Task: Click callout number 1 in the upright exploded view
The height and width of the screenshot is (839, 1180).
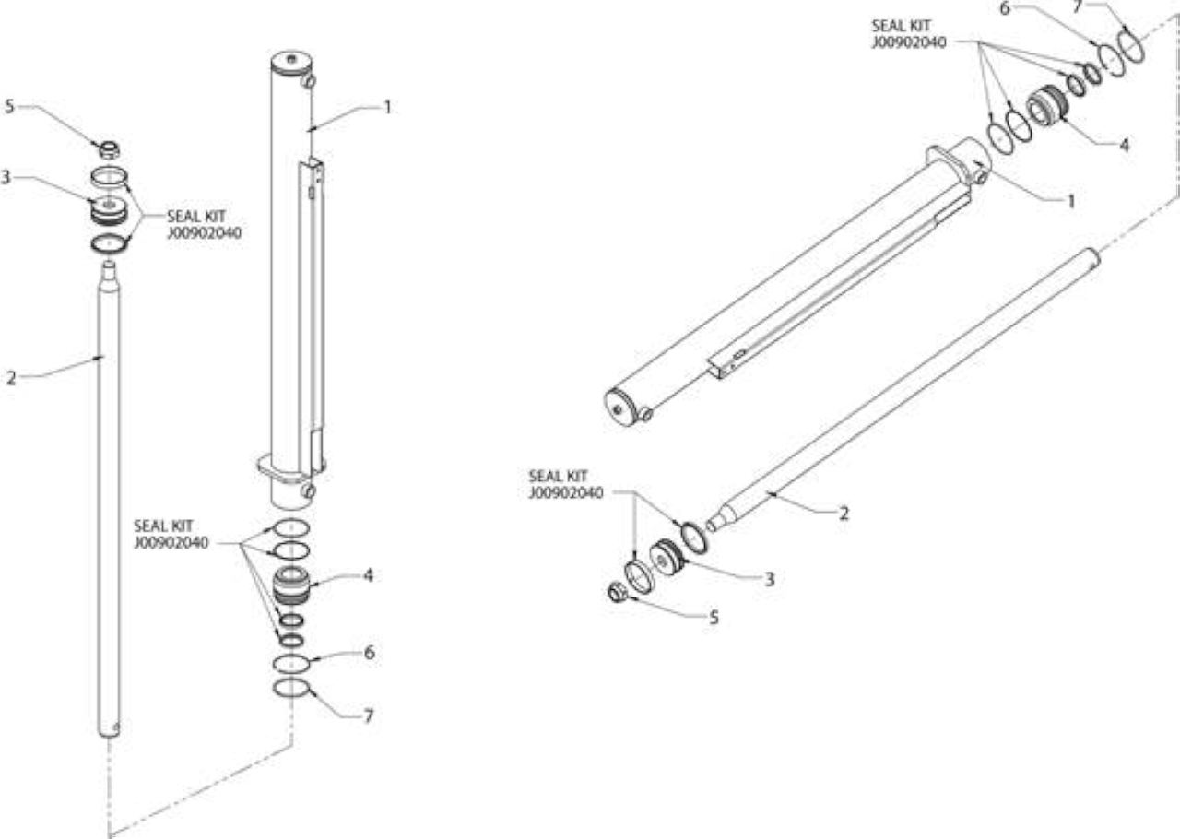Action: tap(388, 108)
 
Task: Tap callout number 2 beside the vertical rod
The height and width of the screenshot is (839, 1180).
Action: tap(11, 377)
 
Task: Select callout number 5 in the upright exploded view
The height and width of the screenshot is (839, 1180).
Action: tap(9, 106)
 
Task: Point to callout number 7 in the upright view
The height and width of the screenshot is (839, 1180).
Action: tap(369, 715)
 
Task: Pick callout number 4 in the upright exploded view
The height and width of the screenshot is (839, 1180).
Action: tap(368, 575)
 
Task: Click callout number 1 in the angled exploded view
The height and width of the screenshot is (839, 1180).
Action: tap(1070, 201)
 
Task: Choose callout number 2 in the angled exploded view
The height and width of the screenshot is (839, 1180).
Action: tap(844, 514)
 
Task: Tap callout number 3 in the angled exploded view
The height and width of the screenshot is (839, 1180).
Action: tap(770, 579)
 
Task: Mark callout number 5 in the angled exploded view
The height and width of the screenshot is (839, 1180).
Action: tap(714, 617)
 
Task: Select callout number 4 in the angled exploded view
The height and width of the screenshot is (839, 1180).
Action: tap(1124, 145)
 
